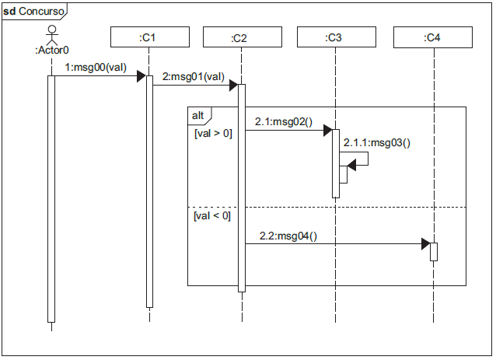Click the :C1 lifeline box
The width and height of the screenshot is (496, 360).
pyautogui.click(x=149, y=37)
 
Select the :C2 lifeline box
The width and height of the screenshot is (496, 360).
pyautogui.click(x=241, y=37)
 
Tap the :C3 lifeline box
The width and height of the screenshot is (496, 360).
pyautogui.click(x=336, y=37)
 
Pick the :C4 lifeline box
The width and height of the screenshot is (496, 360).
pyautogui.click(x=434, y=37)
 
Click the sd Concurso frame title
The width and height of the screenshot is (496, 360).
pyautogui.click(x=35, y=11)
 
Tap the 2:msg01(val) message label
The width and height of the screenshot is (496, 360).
pyautogui.click(x=194, y=77)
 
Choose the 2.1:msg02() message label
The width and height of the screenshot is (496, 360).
pyautogui.click(x=282, y=122)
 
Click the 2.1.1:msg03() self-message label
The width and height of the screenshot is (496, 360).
pyautogui.click(x=376, y=142)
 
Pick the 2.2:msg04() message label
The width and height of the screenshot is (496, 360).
pyautogui.click(x=287, y=236)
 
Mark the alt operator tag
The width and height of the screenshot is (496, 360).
pyautogui.click(x=198, y=115)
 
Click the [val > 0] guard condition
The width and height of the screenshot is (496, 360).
pyautogui.click(x=212, y=133)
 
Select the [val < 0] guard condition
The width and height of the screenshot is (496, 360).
pyautogui.click(x=212, y=215)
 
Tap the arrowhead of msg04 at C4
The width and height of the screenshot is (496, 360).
pyautogui.click(x=425, y=244)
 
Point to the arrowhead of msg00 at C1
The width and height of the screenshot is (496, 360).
pyautogui.click(x=141, y=76)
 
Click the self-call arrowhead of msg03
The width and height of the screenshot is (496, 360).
pyautogui.click(x=352, y=164)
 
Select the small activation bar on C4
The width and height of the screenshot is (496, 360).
pyautogui.click(x=434, y=252)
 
